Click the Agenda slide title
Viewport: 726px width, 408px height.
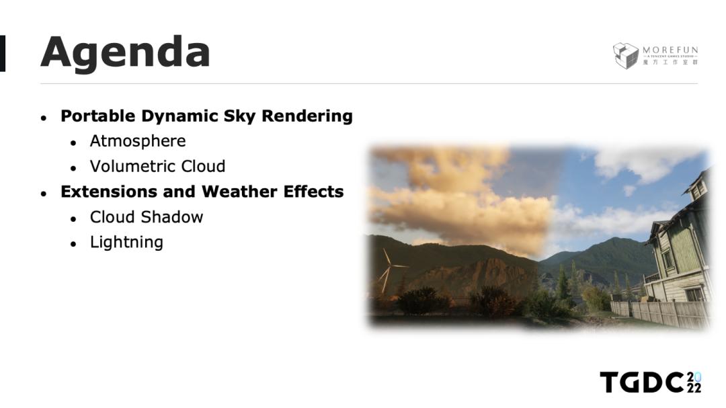click(x=126, y=53)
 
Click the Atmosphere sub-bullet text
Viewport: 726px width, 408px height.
click(x=138, y=141)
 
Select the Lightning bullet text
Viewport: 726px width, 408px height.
click(x=126, y=243)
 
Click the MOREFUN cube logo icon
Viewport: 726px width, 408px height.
click(x=625, y=56)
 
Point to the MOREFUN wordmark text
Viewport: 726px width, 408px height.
click(x=670, y=50)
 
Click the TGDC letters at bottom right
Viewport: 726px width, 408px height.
click(x=642, y=382)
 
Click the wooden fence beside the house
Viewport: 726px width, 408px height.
click(x=660, y=313)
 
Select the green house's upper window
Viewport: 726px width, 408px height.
click(x=697, y=190)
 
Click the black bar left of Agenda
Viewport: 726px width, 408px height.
click(x=2, y=53)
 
